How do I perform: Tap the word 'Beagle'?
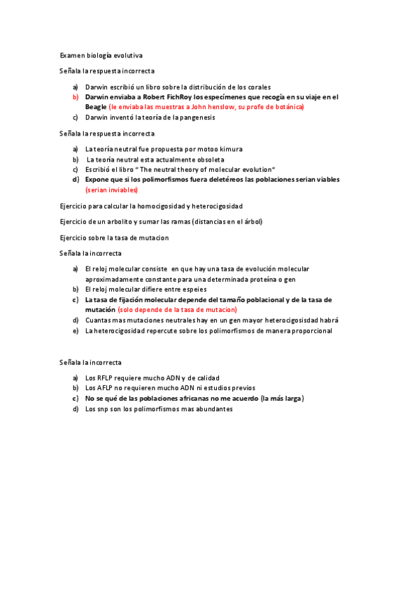(96, 107)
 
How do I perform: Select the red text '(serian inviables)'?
(112, 190)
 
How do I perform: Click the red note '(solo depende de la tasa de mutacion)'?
(178, 309)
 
